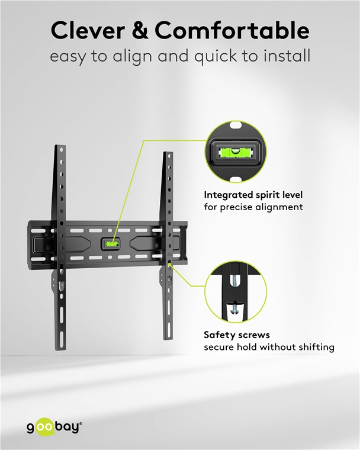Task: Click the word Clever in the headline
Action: pyautogui.click(x=88, y=30)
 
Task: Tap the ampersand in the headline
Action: pyautogui.click(x=140, y=30)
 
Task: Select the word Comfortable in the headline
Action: pyautogui.click(x=232, y=30)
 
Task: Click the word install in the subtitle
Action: pyautogui.click(x=287, y=56)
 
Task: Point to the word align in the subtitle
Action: pyautogui.click(x=132, y=56)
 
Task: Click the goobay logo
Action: pyautogui.click(x=54, y=427)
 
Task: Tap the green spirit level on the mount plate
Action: pyautogui.click(x=112, y=244)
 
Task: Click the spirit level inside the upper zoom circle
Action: pyautogui.click(x=236, y=152)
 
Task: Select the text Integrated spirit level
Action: pyautogui.click(x=253, y=195)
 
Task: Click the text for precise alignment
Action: pyautogui.click(x=253, y=207)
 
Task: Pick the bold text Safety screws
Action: pyautogui.click(x=237, y=335)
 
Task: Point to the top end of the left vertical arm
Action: pyautogui.click(x=60, y=146)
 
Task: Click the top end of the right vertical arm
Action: pyautogui.click(x=168, y=152)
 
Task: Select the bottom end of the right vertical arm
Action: pyautogui.click(x=168, y=339)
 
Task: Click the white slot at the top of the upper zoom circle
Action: pyautogui.click(x=236, y=126)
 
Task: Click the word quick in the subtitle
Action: pyautogui.click(x=216, y=56)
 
